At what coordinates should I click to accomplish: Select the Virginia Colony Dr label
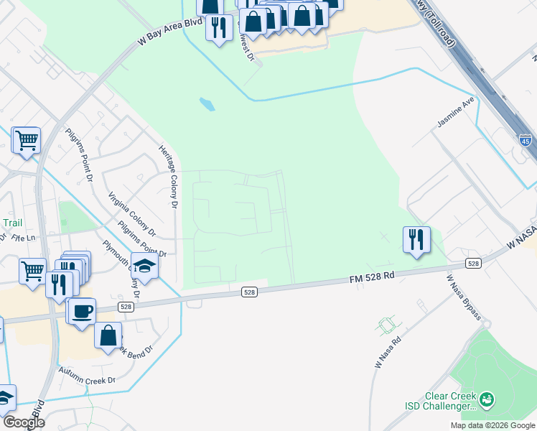point(131,214)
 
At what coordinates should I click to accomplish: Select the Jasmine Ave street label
point(456,113)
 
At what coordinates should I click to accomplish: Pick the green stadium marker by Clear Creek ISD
point(487,398)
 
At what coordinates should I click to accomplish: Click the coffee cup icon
point(83,310)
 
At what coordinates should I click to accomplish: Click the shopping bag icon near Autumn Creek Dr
point(108,335)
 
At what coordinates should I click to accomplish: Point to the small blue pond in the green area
point(207,105)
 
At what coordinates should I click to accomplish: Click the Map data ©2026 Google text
point(492,425)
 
